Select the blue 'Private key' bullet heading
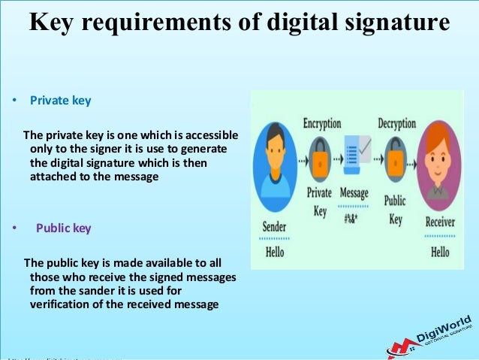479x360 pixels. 60,99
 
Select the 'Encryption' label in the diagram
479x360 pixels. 321,123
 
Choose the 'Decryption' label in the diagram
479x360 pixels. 397,123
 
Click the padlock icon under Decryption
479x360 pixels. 396,159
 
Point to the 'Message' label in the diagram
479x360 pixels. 354,193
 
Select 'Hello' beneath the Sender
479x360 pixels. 275,252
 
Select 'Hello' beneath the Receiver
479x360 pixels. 440,252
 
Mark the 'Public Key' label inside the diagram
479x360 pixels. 395,210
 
